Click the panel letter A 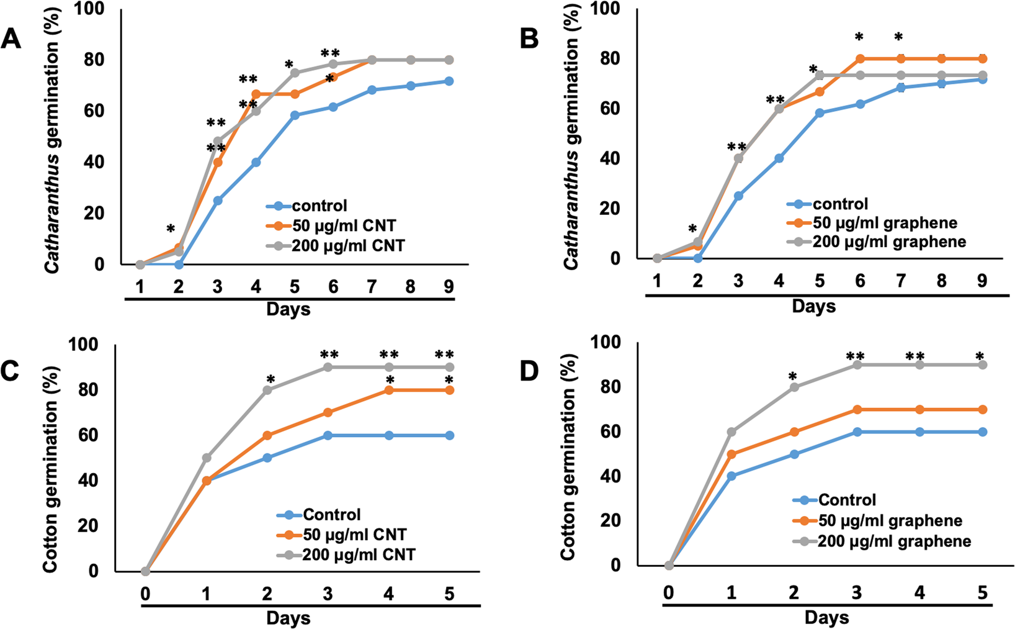pos(12,40)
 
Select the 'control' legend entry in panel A pos(319,206)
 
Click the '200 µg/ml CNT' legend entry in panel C pos(359,554)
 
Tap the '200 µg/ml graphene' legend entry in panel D pos(894,541)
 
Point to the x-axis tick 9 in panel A pos(449,287)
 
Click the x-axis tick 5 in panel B pos(820,281)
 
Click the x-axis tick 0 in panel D pos(668,592)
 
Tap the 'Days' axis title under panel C pos(288,618)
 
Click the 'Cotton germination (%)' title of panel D pos(568,458)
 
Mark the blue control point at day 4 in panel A pos(256,162)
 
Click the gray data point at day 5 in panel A pos(295,73)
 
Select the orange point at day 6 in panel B pos(860,59)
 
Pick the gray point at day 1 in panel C pos(207,458)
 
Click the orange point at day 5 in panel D pos(982,410)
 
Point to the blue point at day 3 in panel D pos(857,432)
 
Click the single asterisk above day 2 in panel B pos(693,229)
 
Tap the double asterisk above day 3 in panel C pos(329,355)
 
